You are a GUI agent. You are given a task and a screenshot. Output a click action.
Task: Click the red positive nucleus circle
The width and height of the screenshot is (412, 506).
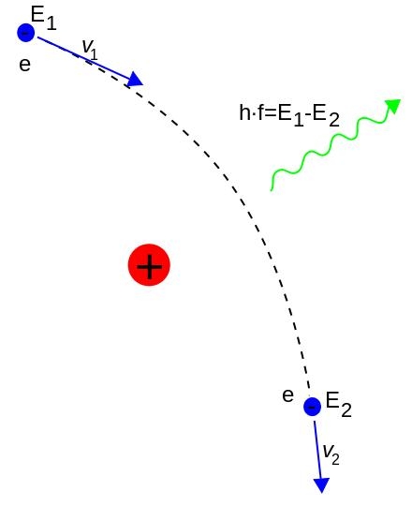[149, 265]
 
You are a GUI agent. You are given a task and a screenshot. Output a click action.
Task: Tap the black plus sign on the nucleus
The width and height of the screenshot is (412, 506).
[149, 266]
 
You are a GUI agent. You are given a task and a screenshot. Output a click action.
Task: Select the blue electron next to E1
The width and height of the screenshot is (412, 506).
[26, 33]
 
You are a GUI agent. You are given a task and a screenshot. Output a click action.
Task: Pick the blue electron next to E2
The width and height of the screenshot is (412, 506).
[312, 407]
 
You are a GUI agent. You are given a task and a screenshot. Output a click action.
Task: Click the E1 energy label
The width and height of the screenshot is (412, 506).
[43, 19]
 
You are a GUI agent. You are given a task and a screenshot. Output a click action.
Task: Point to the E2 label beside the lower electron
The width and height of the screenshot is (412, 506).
[339, 405]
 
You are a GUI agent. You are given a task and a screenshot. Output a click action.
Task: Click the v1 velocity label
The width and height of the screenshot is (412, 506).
[90, 50]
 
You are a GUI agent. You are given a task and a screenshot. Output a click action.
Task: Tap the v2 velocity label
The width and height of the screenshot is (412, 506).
[331, 454]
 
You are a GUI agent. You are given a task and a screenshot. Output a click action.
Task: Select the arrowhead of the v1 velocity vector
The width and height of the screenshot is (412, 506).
[135, 79]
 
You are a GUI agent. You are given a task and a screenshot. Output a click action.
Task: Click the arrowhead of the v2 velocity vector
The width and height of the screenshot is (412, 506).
[321, 485]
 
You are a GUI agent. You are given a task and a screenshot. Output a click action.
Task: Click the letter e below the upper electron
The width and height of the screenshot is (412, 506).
[25, 65]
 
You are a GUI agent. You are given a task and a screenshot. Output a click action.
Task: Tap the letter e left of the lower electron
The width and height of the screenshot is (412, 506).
[287, 395]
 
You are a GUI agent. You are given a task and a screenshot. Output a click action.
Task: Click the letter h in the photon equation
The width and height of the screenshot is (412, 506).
[244, 112]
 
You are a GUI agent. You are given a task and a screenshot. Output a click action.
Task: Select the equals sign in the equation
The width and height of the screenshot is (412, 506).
[271, 114]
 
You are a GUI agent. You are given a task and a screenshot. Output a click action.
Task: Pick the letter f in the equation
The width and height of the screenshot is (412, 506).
[260, 112]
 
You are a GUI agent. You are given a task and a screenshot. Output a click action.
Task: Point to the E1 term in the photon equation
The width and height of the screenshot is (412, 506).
[290, 115]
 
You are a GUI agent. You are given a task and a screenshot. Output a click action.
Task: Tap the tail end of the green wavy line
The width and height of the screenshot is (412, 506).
[272, 190]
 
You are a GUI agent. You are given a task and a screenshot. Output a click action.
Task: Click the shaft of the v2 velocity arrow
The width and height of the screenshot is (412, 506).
[318, 450]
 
